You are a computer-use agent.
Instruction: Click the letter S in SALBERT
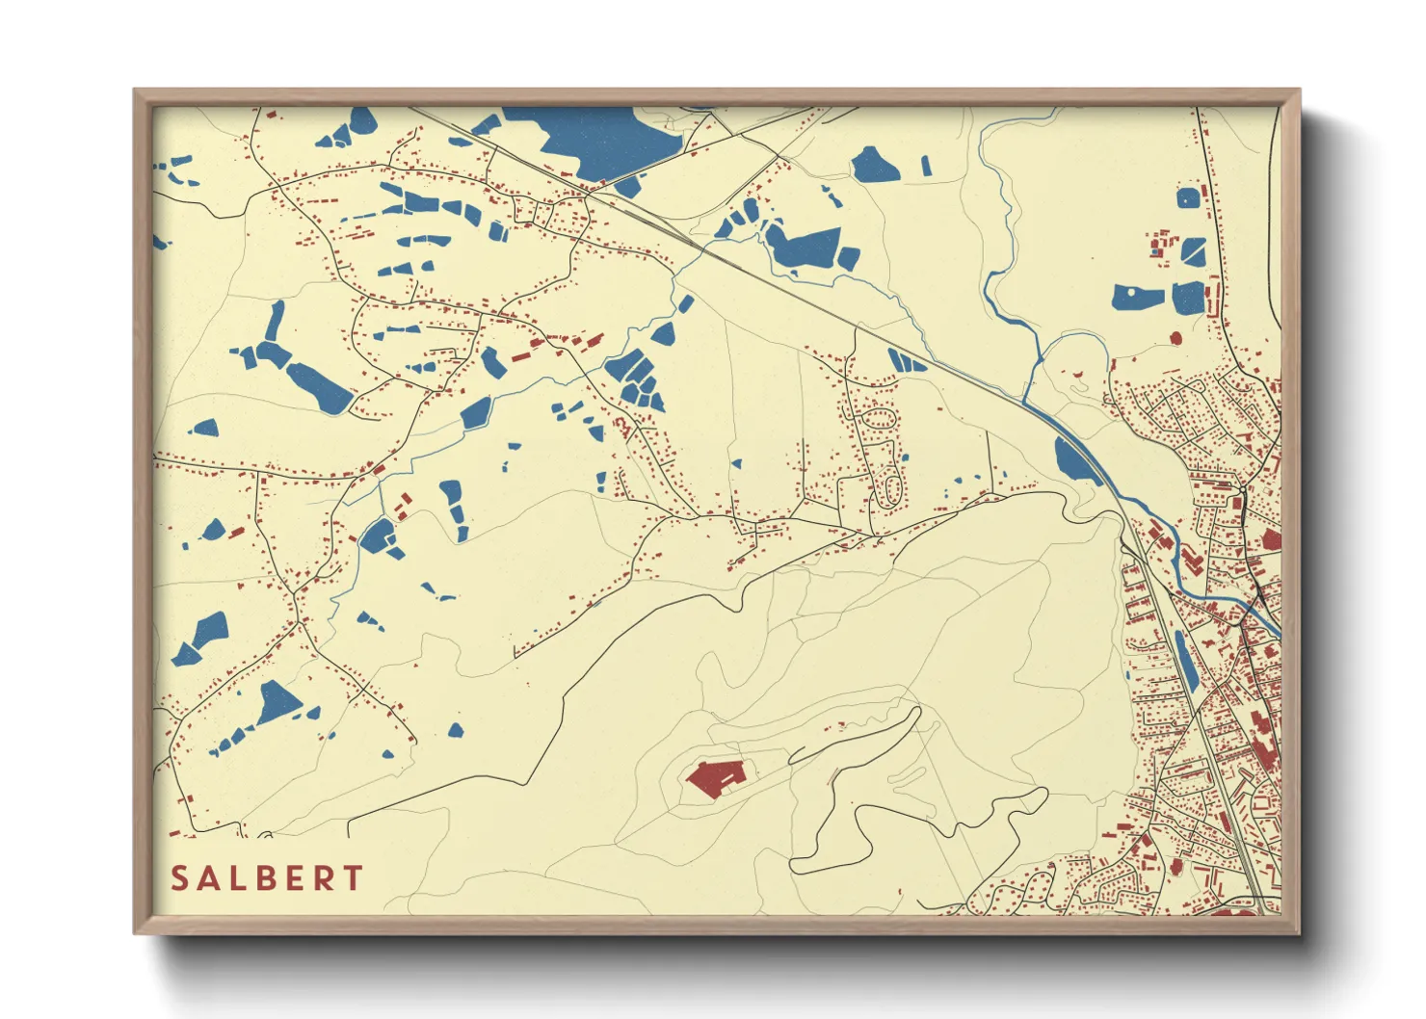(x=179, y=878)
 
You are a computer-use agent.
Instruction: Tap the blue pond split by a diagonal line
(x=1193, y=251)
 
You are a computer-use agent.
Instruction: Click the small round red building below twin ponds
(x=1175, y=338)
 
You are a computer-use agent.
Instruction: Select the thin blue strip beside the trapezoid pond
(x=926, y=166)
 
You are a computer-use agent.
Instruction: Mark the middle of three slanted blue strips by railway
(x=906, y=361)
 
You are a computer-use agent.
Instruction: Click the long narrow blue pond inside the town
(x=1186, y=662)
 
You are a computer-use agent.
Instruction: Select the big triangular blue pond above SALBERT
(x=277, y=703)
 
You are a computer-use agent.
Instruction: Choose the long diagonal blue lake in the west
(x=318, y=386)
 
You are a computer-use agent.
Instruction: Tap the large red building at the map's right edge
(x=1270, y=539)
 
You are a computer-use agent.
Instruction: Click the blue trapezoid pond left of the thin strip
(x=875, y=166)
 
